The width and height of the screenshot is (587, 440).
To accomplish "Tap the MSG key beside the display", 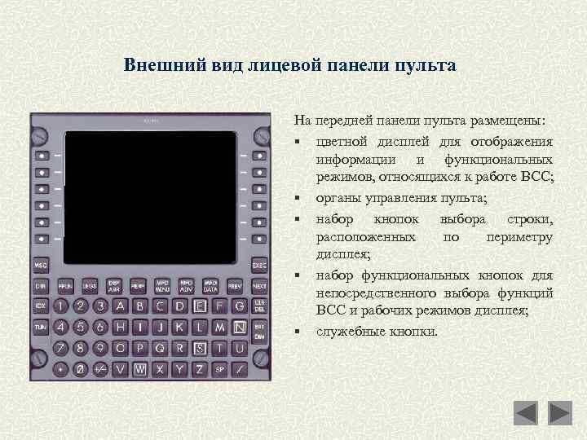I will pos(40,266).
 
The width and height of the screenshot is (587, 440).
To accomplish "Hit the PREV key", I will pos(236,286).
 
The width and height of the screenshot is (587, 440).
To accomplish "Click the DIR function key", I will pos(40,286).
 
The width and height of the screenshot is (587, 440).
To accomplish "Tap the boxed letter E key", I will pos(200,306).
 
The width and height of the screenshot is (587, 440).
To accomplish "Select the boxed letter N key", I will pos(239,327).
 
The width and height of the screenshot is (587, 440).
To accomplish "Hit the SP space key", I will pos(219,368).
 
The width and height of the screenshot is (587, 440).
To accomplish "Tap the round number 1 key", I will pos(61,306).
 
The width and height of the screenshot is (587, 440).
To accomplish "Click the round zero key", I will pos(81,368).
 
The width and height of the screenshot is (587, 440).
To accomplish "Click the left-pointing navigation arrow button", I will pos(526,413).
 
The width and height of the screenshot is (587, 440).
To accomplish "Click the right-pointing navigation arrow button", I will pos(561,413).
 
